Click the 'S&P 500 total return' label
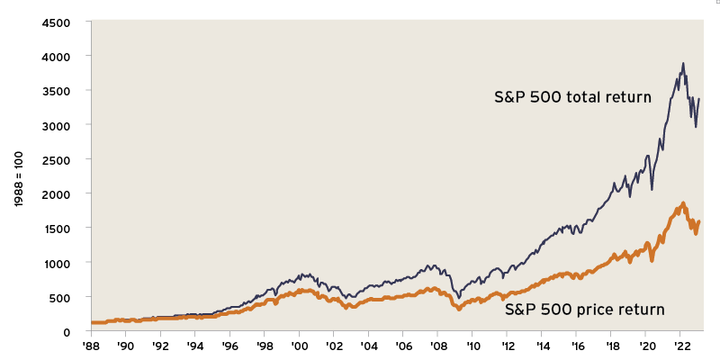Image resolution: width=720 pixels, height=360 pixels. [x=572, y=97]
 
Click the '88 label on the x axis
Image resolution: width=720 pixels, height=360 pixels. [x=90, y=345]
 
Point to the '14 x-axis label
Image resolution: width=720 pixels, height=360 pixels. [x=544, y=345]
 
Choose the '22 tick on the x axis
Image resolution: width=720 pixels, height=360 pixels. [x=683, y=345]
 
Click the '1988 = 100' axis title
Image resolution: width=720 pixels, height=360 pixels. [x=21, y=175]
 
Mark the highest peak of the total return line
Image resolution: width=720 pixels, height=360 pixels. [x=683, y=63]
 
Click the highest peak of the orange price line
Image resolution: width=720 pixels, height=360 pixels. [x=683, y=203]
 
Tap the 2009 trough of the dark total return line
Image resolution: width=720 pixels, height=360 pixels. [x=459, y=297]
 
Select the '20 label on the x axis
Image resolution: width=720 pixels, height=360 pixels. [x=648, y=345]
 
